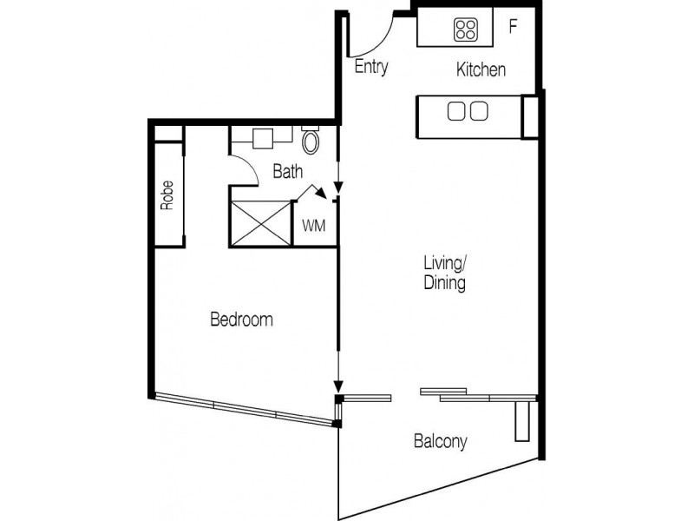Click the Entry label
tap(370, 68)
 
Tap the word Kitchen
tap(481, 69)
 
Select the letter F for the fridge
tap(513, 26)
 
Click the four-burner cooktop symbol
tap(466, 30)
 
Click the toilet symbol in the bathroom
tap(311, 142)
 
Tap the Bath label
tap(287, 172)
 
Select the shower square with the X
tap(260, 223)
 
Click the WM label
tap(313, 226)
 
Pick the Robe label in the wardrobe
tap(167, 196)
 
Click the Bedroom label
tap(241, 320)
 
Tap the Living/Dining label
tap(444, 272)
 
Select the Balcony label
tap(439, 442)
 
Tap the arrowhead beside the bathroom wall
tap(338, 187)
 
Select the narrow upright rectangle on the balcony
tap(520, 421)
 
